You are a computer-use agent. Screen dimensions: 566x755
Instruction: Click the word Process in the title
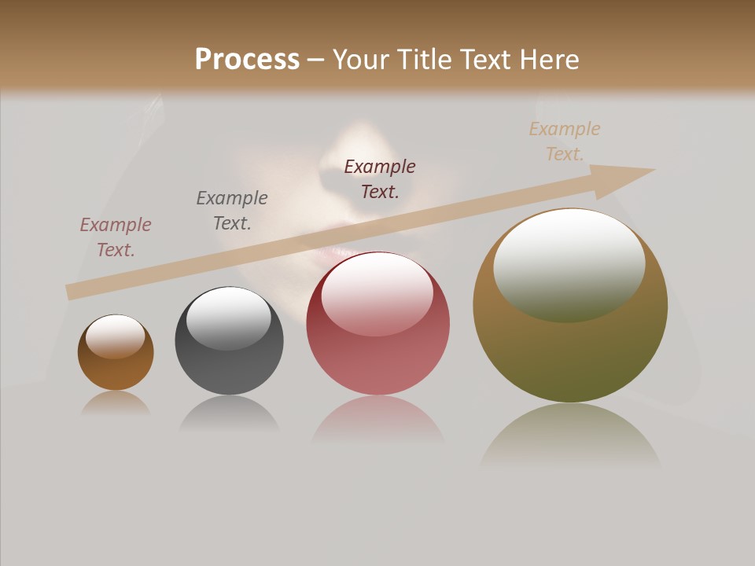(x=247, y=60)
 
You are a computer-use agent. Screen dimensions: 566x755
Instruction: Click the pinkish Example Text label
(x=116, y=237)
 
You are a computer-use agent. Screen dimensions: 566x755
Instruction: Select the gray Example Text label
(x=232, y=210)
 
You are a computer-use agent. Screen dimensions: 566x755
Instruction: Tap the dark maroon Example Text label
(x=380, y=178)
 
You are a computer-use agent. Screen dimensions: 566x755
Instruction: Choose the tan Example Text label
(x=565, y=141)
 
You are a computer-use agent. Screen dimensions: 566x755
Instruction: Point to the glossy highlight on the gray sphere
(x=229, y=317)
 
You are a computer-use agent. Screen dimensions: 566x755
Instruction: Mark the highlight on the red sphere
(x=377, y=293)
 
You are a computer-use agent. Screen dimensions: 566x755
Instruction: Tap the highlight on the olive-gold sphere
(x=569, y=263)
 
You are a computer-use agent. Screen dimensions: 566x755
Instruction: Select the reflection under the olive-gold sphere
(x=570, y=436)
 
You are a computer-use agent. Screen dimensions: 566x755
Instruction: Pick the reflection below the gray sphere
(x=229, y=413)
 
